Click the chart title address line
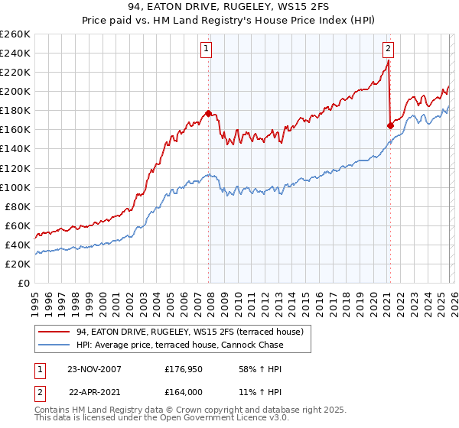coord(229,7)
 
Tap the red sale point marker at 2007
coord(209,113)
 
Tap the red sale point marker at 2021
coord(390,125)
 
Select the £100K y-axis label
coord(15,187)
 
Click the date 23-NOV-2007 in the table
coord(93,368)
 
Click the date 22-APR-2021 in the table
coord(93,391)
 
